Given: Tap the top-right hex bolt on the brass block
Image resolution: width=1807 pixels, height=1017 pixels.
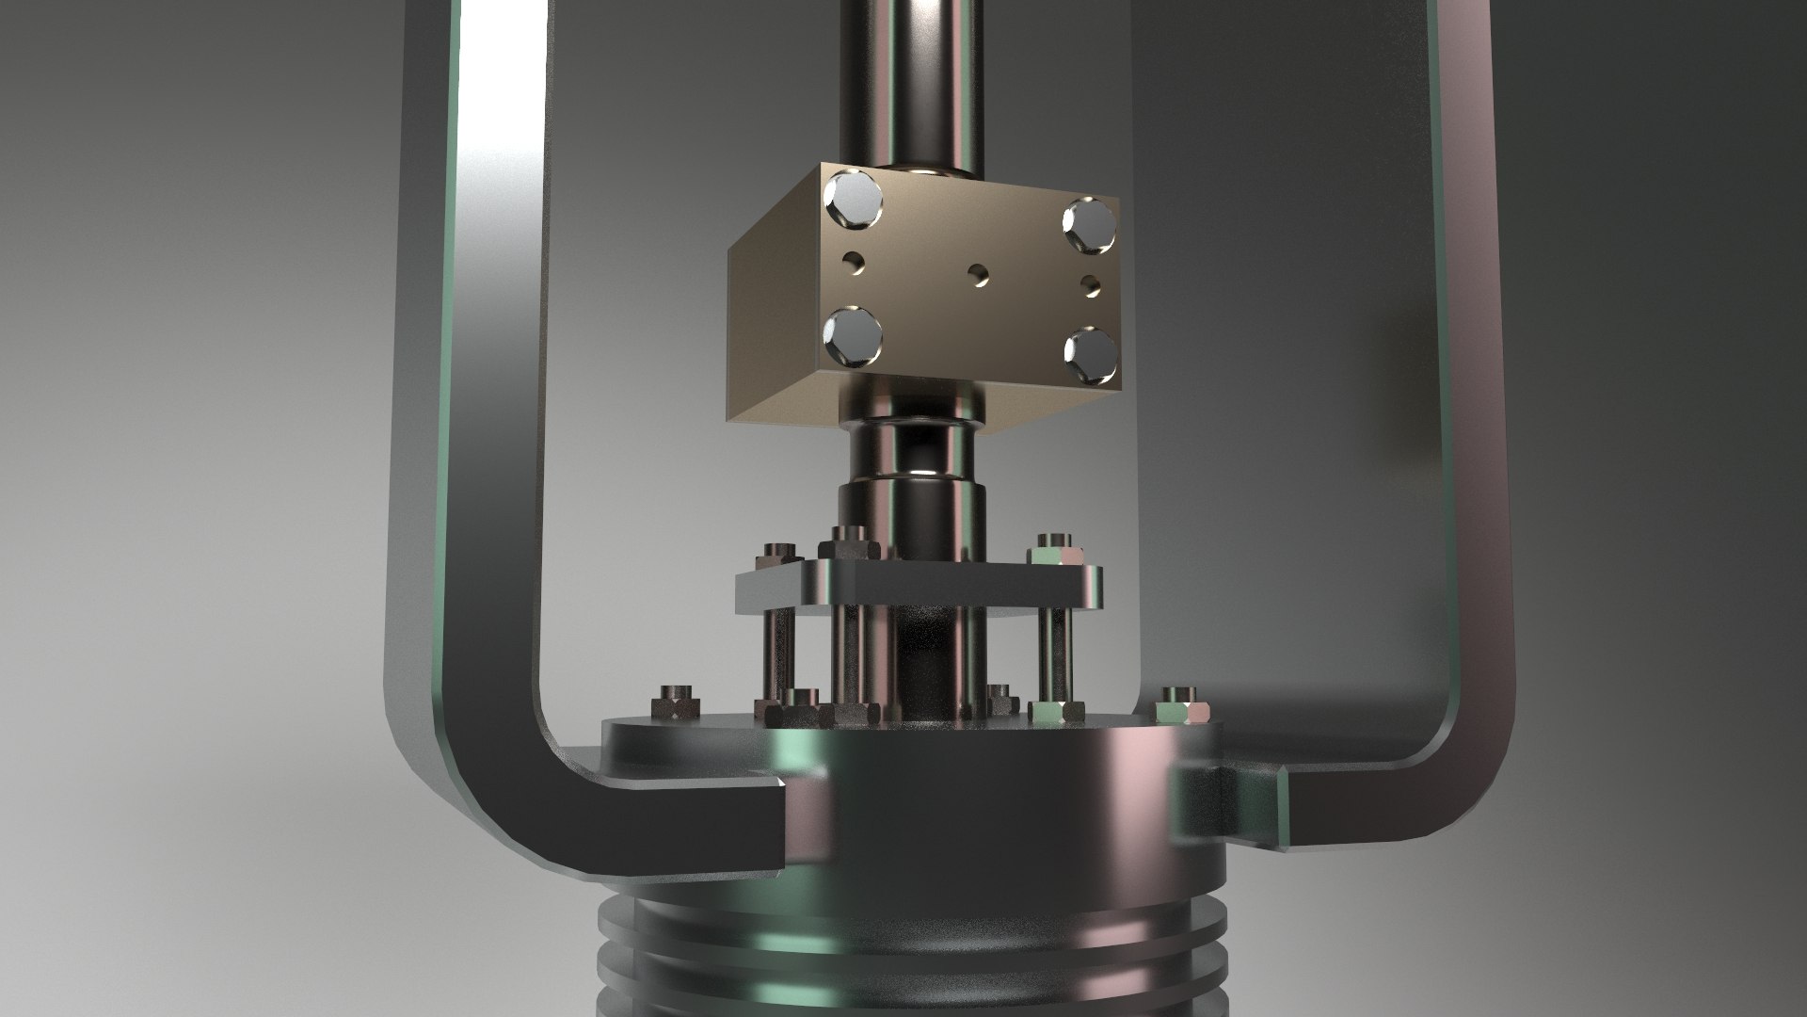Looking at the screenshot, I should click(1088, 222).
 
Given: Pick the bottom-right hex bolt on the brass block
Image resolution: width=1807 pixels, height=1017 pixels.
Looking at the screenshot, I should click(1090, 355).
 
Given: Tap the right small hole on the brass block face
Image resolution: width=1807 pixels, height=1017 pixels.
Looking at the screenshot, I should click(1092, 282).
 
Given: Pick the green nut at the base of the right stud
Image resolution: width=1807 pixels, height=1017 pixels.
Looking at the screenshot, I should click(1054, 711).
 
